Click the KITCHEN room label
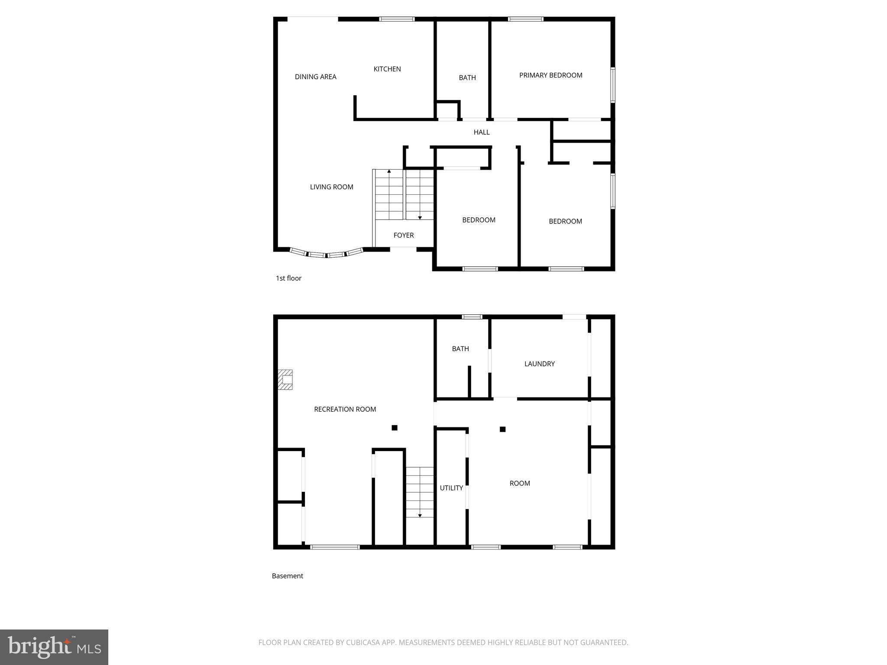click(387, 69)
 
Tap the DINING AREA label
click(315, 77)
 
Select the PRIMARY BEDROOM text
click(550, 75)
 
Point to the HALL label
click(481, 132)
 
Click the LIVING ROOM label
click(331, 187)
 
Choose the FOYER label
click(403, 235)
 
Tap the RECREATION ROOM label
click(345, 409)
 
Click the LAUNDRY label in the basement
click(539, 364)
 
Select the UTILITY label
click(451, 488)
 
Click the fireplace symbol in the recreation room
click(285, 380)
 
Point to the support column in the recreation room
click(394, 428)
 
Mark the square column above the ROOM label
click(502, 429)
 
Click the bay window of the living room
click(326, 254)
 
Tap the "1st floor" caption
click(288, 278)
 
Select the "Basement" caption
click(287, 576)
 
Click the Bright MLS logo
click(54, 647)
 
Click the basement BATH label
click(460, 349)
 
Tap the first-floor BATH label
click(467, 77)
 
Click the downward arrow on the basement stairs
click(420, 515)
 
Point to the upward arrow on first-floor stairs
click(389, 172)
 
